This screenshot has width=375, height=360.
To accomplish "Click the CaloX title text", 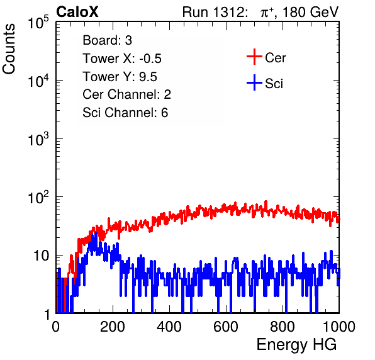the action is tap(77, 12).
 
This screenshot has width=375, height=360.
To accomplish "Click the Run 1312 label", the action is tap(215, 12).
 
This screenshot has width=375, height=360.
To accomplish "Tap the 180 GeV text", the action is tap(310, 12).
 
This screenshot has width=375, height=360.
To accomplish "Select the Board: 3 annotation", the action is tap(107, 40).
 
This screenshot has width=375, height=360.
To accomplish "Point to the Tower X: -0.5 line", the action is tap(122, 59).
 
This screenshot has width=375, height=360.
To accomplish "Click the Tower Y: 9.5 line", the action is tap(120, 77).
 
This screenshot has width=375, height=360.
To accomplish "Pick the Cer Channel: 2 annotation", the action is tap(126, 94).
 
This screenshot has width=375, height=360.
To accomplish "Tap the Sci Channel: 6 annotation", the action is tap(125, 113).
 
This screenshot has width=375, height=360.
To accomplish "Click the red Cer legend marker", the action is tap(254, 57).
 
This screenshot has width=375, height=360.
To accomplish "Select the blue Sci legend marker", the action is tap(254, 82).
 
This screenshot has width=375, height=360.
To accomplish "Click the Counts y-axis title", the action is tap(9, 49).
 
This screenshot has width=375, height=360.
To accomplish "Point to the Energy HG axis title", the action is tap(296, 345).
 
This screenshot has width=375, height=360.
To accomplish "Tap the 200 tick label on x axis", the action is tap(113, 327).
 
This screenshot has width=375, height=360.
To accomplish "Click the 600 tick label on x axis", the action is tap(226, 327).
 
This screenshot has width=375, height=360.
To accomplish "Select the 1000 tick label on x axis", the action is tap(339, 327).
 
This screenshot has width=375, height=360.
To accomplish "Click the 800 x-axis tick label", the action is tap(283, 327).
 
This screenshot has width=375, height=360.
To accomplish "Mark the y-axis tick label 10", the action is tap(41, 256).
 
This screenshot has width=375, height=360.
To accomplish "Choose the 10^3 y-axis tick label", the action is tap(38, 139).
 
